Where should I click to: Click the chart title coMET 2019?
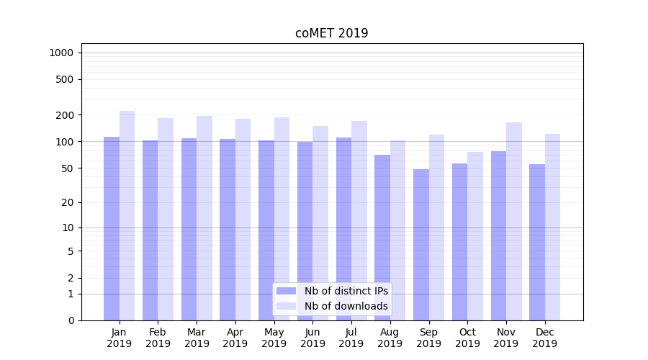[331, 33]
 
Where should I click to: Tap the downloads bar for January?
[127, 215]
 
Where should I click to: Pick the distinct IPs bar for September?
[421, 245]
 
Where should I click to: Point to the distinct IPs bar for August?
[382, 238]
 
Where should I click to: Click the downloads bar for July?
[359, 220]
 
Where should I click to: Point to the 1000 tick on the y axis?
[61, 53]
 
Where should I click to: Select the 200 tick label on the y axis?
[66, 115]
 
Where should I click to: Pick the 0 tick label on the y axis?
[71, 320]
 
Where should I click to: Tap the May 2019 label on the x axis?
[274, 338]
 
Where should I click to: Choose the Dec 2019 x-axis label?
[544, 338]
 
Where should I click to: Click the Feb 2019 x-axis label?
[158, 338]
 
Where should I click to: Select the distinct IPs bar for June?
[305, 231]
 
